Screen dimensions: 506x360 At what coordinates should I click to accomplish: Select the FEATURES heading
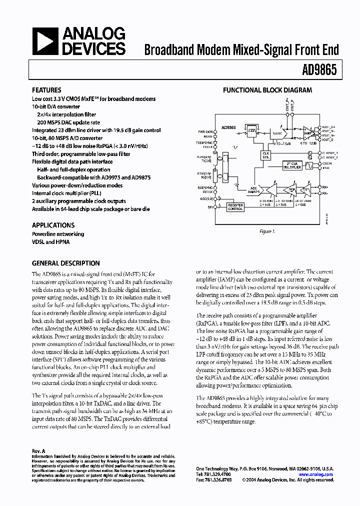click(47, 90)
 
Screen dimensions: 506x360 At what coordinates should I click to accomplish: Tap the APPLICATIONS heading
click(53, 225)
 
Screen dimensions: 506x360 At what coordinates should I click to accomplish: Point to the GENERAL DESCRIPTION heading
click(65, 263)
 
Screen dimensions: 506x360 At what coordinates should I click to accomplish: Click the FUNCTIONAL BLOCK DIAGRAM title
click(267, 90)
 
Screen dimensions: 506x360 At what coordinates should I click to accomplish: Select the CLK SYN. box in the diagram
click(265, 155)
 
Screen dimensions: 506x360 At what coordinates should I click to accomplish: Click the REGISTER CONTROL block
click(235, 207)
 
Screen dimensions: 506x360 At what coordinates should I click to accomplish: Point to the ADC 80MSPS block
click(254, 190)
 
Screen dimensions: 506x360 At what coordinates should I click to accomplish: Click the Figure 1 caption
click(267, 231)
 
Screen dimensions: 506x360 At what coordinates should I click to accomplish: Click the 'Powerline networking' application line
click(58, 234)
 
